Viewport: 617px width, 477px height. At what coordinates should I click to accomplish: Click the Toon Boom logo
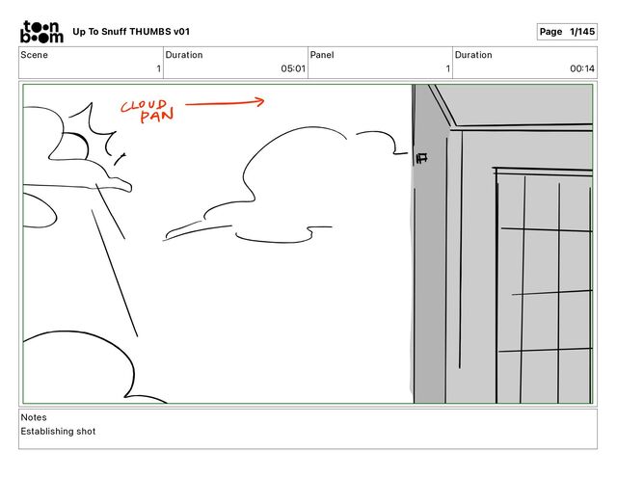41,32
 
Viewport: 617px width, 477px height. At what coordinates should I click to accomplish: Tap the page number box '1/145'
566,32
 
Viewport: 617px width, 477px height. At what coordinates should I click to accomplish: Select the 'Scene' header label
34,55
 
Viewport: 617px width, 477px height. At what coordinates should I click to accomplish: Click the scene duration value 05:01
293,68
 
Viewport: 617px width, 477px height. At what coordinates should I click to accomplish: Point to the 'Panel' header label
321,55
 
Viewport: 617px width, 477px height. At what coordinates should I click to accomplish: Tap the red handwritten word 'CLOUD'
144,105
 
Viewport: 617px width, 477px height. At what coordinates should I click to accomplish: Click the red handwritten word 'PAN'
156,118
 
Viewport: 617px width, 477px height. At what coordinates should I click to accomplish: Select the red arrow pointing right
225,101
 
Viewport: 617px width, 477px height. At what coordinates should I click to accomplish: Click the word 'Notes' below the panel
34,417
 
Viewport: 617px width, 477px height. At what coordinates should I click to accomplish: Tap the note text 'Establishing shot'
58,432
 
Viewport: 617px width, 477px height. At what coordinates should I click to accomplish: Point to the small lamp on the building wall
421,157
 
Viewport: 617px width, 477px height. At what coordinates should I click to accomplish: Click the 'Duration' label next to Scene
184,55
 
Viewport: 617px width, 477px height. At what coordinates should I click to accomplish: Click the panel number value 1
447,68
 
